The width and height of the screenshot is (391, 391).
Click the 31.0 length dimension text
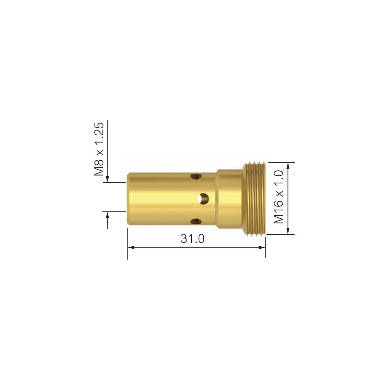(x=192, y=239)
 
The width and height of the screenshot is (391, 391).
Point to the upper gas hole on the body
(x=196, y=177)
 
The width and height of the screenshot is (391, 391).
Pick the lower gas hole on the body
(x=196, y=222)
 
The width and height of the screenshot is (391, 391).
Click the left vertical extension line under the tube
(x=127, y=244)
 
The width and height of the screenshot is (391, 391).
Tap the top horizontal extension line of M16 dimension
(x=280, y=162)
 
